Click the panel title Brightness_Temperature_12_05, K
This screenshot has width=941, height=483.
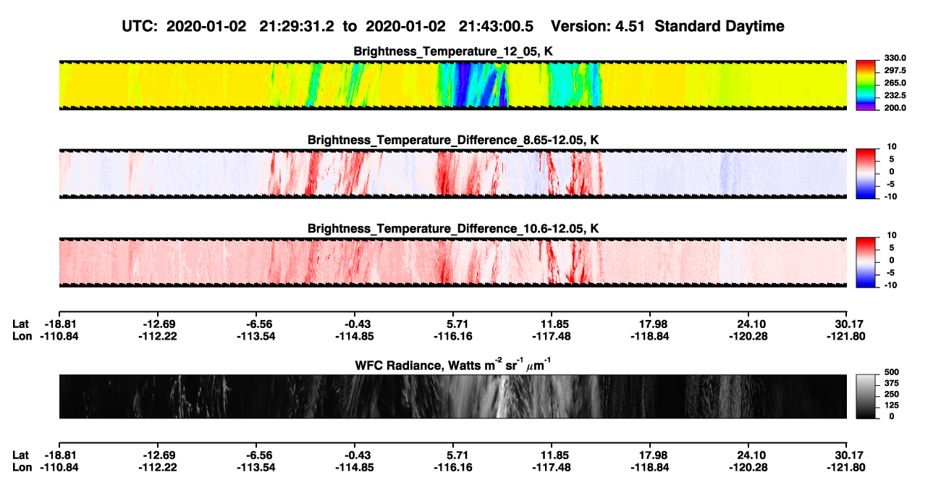point(453,51)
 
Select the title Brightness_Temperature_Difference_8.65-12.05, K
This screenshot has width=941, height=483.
point(453,140)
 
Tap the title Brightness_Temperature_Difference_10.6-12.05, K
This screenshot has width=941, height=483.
point(453,229)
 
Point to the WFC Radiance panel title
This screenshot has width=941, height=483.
point(453,364)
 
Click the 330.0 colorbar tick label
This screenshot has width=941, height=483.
point(895,58)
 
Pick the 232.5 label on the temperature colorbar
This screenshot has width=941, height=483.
point(895,96)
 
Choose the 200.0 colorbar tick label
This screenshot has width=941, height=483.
point(895,108)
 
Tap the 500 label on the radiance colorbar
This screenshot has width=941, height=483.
point(892,372)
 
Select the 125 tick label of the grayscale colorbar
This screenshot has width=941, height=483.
point(892,406)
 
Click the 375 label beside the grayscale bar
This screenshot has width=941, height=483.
point(892,383)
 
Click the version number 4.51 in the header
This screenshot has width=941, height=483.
point(630,27)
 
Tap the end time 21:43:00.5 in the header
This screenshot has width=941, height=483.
point(496,27)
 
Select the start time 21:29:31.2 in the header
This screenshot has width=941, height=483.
point(297,27)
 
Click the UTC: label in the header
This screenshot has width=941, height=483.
point(140,27)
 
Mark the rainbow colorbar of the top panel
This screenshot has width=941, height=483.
point(866,85)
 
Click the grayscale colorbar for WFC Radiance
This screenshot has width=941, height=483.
point(866,396)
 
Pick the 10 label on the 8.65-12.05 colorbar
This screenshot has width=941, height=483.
point(892,147)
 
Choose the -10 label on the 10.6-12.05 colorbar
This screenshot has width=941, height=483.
point(890,285)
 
